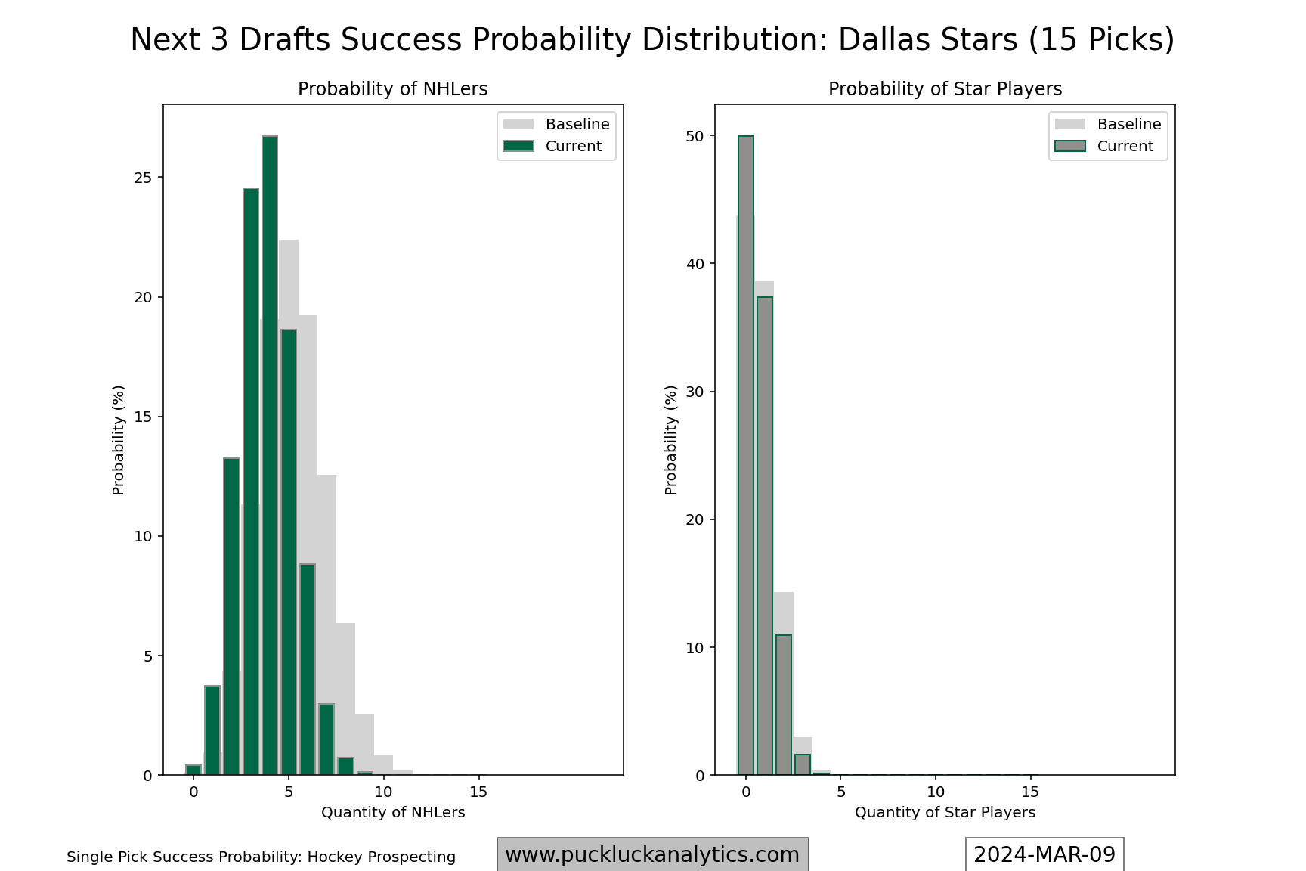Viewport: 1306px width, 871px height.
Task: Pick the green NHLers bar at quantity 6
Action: click(x=308, y=669)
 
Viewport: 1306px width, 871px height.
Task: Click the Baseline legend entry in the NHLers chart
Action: click(x=556, y=124)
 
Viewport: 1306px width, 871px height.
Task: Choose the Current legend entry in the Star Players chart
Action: click(x=1108, y=146)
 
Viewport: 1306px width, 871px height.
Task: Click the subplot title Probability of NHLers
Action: click(x=392, y=89)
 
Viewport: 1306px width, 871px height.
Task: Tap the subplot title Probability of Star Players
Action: click(x=945, y=89)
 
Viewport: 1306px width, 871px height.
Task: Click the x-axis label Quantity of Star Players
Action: click(x=945, y=813)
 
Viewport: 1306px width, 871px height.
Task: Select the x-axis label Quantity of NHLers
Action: click(x=393, y=813)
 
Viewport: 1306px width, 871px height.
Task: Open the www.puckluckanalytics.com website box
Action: click(x=652, y=855)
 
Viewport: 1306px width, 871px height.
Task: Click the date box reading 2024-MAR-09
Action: click(x=1044, y=855)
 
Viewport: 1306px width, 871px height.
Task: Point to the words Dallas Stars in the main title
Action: click(x=928, y=40)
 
